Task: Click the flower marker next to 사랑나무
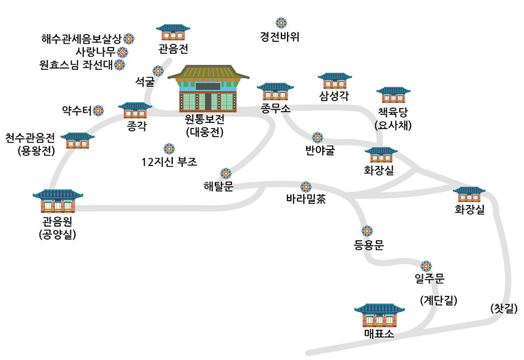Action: click(x=122, y=52)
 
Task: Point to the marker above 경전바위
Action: click(x=281, y=23)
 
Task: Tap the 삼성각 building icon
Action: click(x=335, y=81)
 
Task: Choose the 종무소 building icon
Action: click(x=275, y=91)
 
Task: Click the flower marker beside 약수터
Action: click(x=98, y=111)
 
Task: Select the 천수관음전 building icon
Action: click(x=77, y=140)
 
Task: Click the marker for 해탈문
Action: click(x=225, y=172)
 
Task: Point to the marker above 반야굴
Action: click(x=317, y=136)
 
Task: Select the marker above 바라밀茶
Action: click(x=305, y=186)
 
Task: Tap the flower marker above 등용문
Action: click(x=368, y=231)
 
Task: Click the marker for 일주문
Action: click(x=426, y=266)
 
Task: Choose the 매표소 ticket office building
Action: click(x=379, y=316)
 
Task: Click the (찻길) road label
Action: click(x=502, y=307)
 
